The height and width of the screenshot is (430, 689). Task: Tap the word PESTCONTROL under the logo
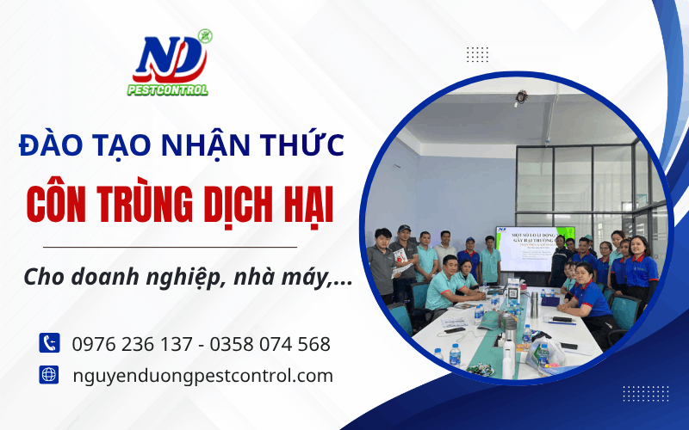pyautogui.click(x=168, y=89)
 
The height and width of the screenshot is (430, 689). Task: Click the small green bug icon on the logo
pyautogui.click(x=204, y=36)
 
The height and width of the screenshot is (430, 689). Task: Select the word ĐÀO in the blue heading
pyautogui.click(x=47, y=144)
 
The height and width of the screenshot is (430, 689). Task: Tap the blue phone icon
pyautogui.click(x=48, y=343)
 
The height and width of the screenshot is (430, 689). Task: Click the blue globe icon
pyautogui.click(x=48, y=375)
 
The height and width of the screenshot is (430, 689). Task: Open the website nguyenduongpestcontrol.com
pyautogui.click(x=202, y=375)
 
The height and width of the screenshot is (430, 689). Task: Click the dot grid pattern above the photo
pyautogui.click(x=477, y=54)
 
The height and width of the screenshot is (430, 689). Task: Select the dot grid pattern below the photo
pyautogui.click(x=645, y=393)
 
